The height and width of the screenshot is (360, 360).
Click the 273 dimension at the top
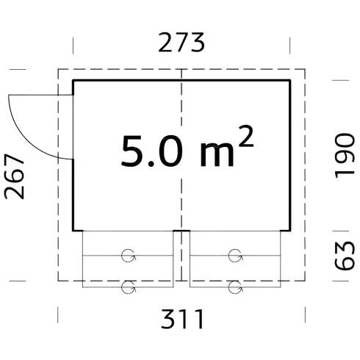click(x=181, y=43)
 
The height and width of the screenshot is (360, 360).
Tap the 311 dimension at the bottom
click(x=182, y=319)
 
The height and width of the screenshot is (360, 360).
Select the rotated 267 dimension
click(x=14, y=176)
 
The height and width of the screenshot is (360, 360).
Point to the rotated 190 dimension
click(x=345, y=156)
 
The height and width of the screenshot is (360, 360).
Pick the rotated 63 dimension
click(x=345, y=256)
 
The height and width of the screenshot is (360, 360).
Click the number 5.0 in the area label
click(x=152, y=151)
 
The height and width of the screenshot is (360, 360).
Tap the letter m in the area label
click(x=217, y=155)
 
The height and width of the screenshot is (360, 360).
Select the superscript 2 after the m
click(x=246, y=136)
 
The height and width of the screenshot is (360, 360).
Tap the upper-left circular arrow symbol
click(x=129, y=256)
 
